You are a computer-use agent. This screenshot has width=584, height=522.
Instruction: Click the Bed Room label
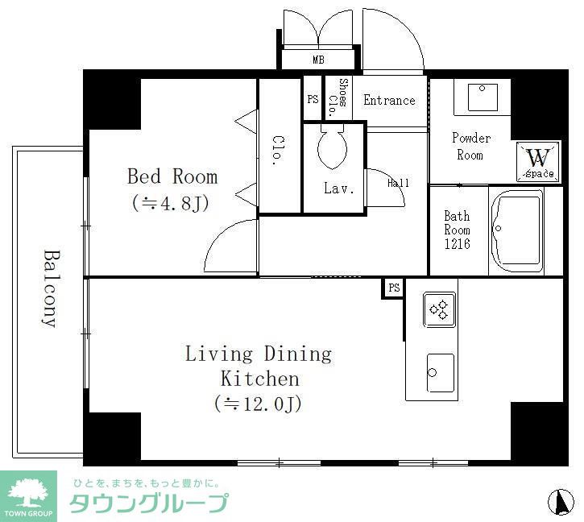172,176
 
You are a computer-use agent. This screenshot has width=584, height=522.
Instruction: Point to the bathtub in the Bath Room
524,232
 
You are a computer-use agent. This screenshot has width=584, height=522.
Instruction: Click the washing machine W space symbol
537,161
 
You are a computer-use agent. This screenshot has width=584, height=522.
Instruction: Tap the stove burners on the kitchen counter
440,309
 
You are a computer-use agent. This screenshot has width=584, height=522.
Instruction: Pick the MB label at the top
319,60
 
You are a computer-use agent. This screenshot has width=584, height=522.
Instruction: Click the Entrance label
389,100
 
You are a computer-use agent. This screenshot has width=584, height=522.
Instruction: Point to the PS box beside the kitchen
393,288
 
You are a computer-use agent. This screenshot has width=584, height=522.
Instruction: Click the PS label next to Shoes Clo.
313,99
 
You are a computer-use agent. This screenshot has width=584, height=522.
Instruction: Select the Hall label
398,183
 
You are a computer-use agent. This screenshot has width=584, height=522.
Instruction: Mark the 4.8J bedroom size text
171,203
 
